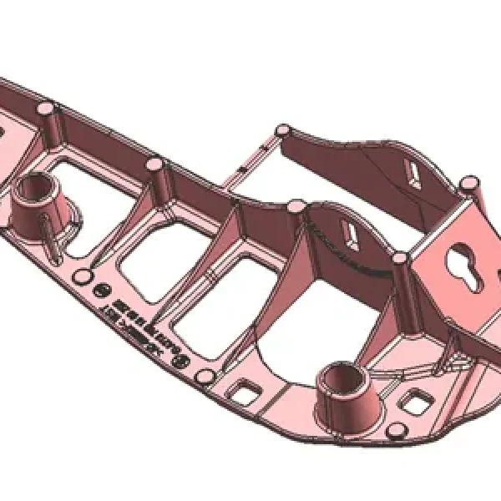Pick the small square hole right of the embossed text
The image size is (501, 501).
(x=247, y=389)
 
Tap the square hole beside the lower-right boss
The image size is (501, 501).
(x=415, y=402)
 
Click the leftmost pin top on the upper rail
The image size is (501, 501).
(x=48, y=109)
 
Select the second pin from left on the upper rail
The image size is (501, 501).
(x=154, y=164)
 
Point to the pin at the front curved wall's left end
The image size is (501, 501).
(x=297, y=205)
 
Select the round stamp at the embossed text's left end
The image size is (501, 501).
(x=101, y=291)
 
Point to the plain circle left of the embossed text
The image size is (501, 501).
(x=83, y=276)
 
